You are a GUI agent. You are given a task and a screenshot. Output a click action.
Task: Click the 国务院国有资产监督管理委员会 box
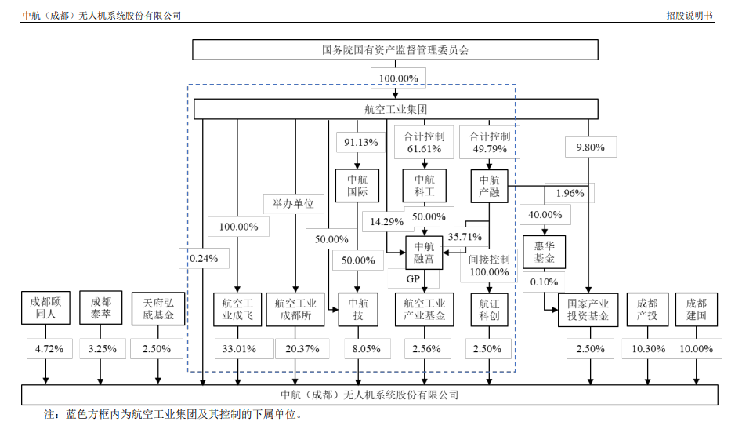[x=396, y=49]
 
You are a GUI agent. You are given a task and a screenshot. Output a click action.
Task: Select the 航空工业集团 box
[x=396, y=109]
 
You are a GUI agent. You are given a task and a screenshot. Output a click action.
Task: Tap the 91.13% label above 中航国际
[x=361, y=143]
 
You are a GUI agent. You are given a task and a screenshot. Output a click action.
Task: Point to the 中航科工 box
[x=425, y=186]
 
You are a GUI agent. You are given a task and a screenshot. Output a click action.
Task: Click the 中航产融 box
[x=490, y=186]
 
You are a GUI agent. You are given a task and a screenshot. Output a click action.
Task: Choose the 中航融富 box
[x=425, y=252]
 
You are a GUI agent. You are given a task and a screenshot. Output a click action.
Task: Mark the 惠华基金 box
[x=544, y=252]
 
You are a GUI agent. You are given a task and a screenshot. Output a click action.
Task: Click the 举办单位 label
[x=293, y=204]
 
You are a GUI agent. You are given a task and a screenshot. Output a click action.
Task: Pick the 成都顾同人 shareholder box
[x=45, y=309]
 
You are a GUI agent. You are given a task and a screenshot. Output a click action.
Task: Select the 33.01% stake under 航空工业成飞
[x=239, y=349]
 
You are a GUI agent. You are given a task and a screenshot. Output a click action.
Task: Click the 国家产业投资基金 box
[x=588, y=310]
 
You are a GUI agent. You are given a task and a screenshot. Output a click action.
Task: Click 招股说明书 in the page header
[x=690, y=14]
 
